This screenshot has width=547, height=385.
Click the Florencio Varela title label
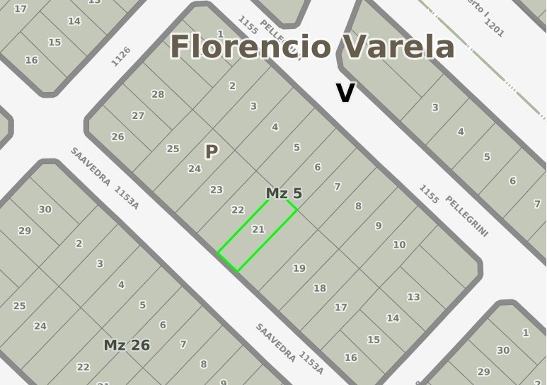pyautogui.click(x=312, y=47)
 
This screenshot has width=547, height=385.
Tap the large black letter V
pyautogui.click(x=345, y=93)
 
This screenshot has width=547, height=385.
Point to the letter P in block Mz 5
pyautogui.click(x=211, y=151)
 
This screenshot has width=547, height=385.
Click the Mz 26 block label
pyautogui.click(x=127, y=345)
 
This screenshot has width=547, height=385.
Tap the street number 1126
pyautogui.click(x=121, y=57)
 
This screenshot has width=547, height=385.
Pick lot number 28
pyautogui.click(x=158, y=94)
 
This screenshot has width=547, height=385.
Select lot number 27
pyautogui.click(x=138, y=115)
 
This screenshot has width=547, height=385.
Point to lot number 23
pyautogui.click(x=217, y=190)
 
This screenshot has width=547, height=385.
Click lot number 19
pyautogui.click(x=299, y=268)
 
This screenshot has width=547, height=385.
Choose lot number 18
pyautogui.click(x=320, y=288)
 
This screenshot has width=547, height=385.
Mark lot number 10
pyautogui.click(x=399, y=244)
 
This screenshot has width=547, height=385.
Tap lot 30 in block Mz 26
pyautogui.click(x=45, y=209)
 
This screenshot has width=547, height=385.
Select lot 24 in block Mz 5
pyautogui.click(x=195, y=168)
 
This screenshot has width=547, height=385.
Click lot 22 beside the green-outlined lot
pyautogui.click(x=238, y=210)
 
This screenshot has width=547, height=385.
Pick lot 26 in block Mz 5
pyautogui.click(x=117, y=137)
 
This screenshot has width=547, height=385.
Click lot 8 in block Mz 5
pyautogui.click(x=358, y=206)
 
